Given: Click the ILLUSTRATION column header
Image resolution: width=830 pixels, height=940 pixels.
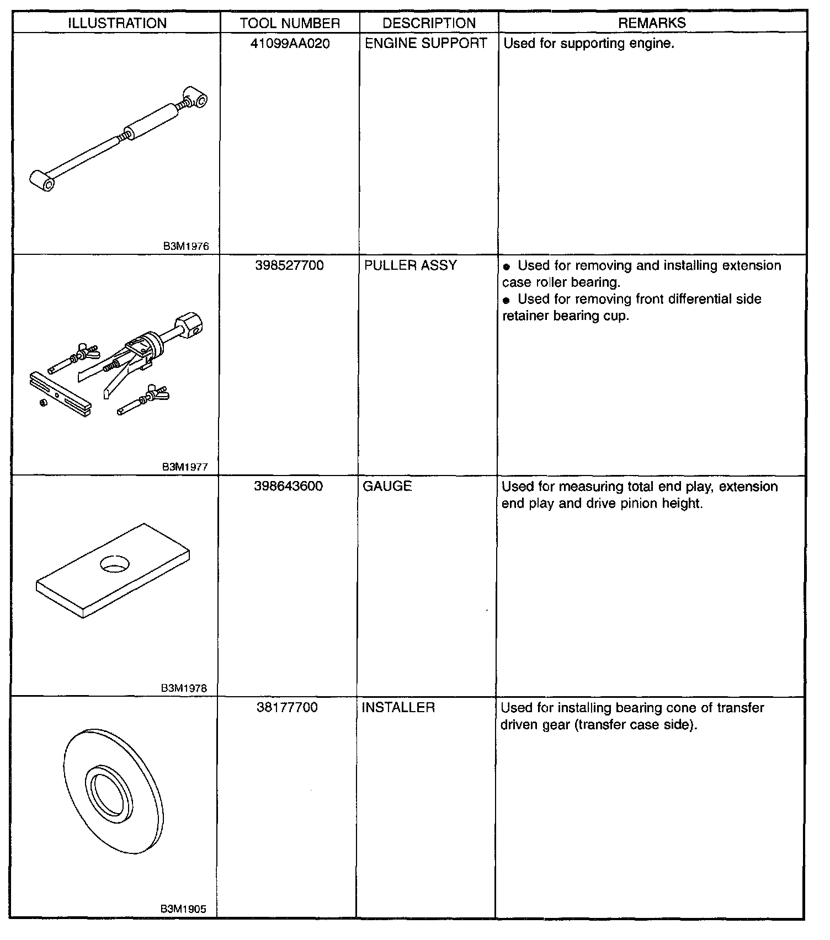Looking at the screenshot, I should coord(117,23).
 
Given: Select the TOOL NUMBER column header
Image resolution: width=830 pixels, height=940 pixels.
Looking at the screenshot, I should coord(290,23).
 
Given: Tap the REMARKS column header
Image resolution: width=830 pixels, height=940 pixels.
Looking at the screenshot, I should coord(652,23).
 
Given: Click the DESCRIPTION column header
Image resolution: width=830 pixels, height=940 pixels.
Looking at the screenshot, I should coord(429,23).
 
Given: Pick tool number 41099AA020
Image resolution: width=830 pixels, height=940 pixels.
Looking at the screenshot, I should coord(290,44).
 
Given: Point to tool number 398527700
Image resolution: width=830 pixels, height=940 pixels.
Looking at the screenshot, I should coord(289,266).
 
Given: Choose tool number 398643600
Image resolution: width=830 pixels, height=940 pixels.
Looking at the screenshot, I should coord(289,487).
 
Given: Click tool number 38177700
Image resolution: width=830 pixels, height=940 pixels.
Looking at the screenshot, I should coord(288,708).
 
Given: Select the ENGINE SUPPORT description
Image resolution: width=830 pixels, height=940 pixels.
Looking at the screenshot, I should coord(426,44).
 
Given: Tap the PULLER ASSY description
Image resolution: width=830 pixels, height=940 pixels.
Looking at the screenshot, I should coord(411,266).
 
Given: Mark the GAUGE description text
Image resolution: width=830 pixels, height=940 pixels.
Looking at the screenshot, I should coord(387,487).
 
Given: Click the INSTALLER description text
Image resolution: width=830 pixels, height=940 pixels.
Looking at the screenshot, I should coord(398,708).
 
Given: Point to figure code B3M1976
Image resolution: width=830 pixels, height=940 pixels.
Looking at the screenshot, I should coord(186,247).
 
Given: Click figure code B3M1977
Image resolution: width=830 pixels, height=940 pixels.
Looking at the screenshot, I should coord(185,467).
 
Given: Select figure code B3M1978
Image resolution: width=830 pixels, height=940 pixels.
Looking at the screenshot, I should coord(184,688).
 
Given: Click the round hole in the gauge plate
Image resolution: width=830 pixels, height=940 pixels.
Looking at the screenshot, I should coord(114,563).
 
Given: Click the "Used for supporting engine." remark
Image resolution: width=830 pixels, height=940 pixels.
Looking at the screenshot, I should coord(589,44).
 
